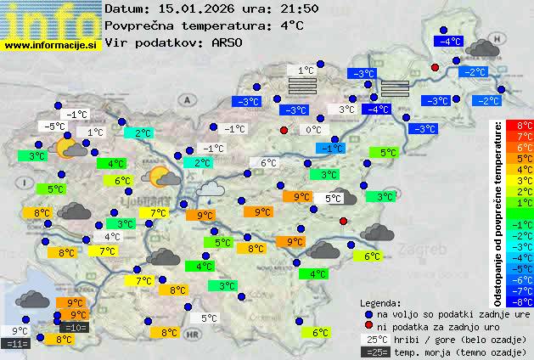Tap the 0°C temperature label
click(313, 130)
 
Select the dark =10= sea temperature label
click(75, 327)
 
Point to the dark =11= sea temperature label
click(17, 343)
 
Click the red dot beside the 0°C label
click(284, 130)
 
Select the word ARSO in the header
click(228, 42)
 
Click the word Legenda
click(380, 302)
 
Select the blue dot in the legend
click(368, 314)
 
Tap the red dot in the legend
click(368, 326)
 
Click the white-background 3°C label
click(346, 110)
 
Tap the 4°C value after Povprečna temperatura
click(291, 25)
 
